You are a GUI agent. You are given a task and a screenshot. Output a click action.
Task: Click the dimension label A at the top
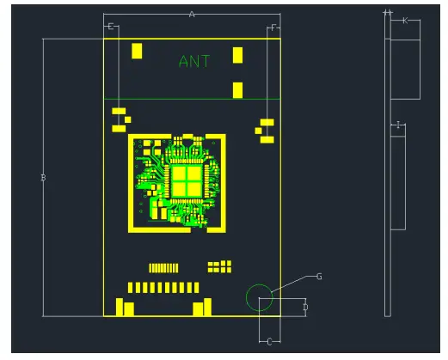click(x=192, y=15)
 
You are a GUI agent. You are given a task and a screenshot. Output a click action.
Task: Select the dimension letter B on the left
click(x=43, y=178)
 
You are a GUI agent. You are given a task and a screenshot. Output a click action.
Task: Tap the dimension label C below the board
click(x=268, y=342)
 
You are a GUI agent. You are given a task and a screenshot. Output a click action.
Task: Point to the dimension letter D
click(x=305, y=307)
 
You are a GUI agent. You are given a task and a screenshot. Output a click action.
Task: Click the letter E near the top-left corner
click(x=110, y=27)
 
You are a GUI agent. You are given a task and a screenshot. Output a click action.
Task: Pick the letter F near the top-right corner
click(x=273, y=27)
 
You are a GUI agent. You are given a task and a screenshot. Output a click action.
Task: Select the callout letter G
click(x=319, y=276)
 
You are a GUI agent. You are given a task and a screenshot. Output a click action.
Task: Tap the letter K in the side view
click(x=404, y=20)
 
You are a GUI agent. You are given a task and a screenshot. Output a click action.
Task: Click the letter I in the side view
click(x=397, y=125)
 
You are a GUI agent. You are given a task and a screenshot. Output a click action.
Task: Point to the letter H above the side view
click(x=388, y=12)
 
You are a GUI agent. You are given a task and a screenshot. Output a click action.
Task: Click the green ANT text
click(x=193, y=61)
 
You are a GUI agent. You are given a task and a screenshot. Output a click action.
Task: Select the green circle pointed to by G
click(x=259, y=297)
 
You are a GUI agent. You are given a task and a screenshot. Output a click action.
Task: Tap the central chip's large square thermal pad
click(x=185, y=180)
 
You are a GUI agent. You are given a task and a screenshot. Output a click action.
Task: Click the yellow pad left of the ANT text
click(x=137, y=51)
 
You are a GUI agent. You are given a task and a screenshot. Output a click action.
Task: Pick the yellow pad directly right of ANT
click(x=238, y=56)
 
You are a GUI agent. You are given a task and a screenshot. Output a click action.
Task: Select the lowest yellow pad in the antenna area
click(x=238, y=89)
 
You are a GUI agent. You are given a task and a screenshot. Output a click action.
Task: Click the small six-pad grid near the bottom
click(x=220, y=266)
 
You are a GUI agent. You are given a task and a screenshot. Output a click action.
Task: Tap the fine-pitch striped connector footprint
click(x=163, y=268)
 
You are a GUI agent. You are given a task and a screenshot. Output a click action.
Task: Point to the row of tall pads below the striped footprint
click(x=163, y=287)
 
